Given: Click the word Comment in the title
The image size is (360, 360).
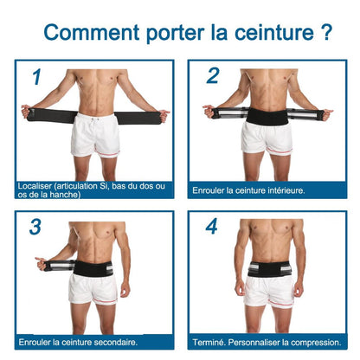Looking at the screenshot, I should click(x=82, y=32).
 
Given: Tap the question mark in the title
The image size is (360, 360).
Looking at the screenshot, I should click(x=325, y=32).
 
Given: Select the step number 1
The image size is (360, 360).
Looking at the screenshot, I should click(x=35, y=78).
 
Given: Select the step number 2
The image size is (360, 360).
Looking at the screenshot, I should click(x=212, y=76).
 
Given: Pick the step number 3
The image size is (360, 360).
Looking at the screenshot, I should click(x=35, y=227).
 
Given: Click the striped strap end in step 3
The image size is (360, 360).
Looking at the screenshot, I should click(x=52, y=264).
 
